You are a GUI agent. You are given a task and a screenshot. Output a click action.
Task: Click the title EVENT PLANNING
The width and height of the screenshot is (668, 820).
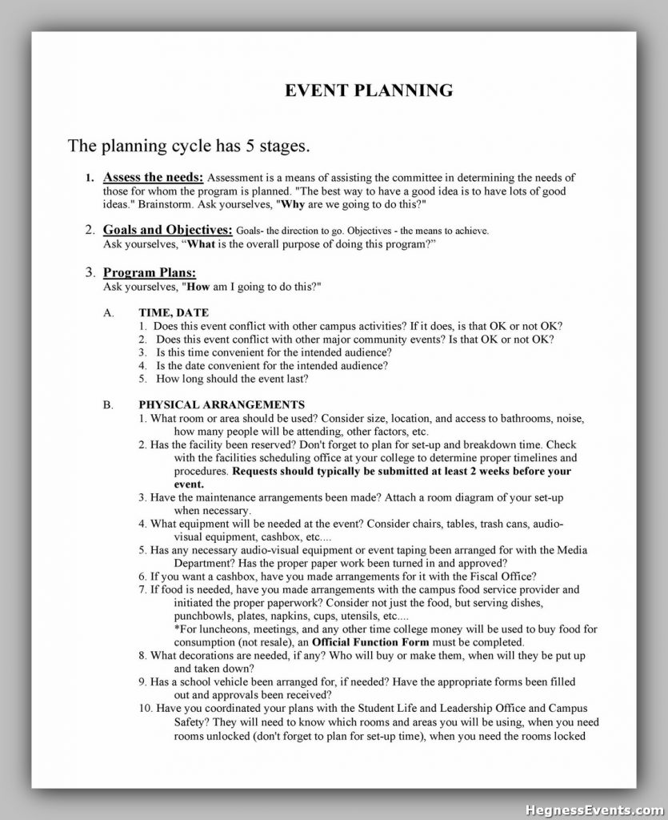pyautogui.click(x=369, y=90)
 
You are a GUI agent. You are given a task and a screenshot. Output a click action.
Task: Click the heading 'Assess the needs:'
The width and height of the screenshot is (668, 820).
pyautogui.click(x=154, y=177)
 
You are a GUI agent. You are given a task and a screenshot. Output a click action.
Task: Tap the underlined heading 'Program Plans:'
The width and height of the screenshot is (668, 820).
pyautogui.click(x=150, y=272)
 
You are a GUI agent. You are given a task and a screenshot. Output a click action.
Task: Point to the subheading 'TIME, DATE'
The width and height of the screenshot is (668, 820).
pyautogui.click(x=174, y=312)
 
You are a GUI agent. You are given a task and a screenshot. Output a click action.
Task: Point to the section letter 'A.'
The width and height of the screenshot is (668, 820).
pyautogui.click(x=109, y=312)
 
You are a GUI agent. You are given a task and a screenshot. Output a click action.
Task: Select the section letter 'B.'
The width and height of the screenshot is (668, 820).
pyautogui.click(x=109, y=404)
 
